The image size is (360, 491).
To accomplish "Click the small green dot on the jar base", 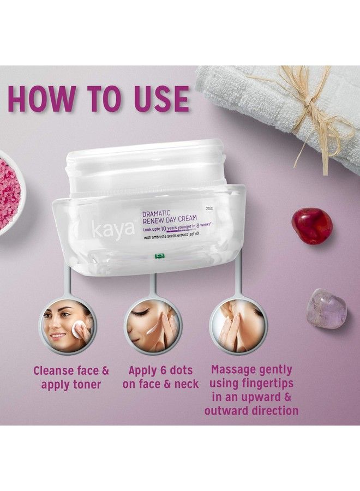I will (x=159, y=255).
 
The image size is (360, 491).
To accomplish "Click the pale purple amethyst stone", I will (x=326, y=308).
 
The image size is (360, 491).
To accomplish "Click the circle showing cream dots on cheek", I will (x=153, y=325).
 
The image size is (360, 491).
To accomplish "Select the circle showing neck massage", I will (x=239, y=325).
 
